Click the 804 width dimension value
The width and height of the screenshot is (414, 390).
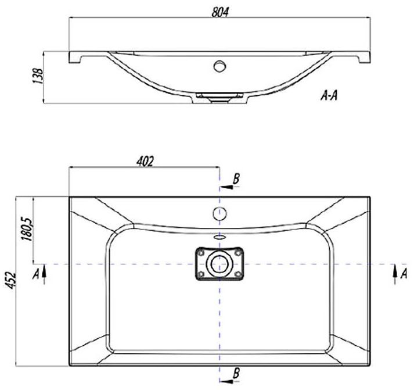tap(219, 12)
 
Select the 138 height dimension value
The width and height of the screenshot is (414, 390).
tap(37, 76)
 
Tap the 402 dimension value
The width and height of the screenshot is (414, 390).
tap(145, 162)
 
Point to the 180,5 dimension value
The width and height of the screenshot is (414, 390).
tap(28, 230)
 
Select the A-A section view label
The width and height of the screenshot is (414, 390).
tap(329, 96)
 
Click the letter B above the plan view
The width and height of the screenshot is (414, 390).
tap(236, 179)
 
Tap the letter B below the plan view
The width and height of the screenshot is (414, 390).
tap(236, 373)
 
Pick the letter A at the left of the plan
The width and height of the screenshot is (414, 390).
tap(35, 274)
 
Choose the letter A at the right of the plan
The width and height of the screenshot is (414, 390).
tap(404, 274)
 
